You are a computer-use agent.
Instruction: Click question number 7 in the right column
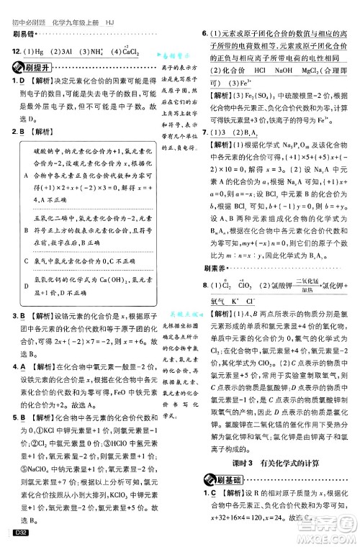click(x=204, y=133)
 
